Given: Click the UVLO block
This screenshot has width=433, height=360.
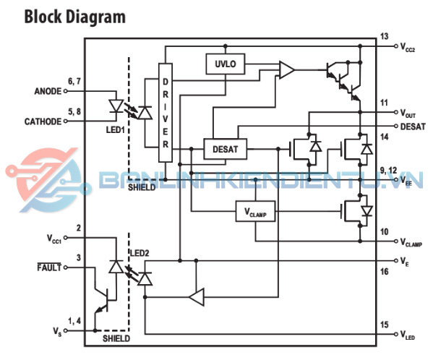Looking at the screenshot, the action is (225, 64).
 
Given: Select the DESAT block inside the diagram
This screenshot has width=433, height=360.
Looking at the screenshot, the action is (225, 149).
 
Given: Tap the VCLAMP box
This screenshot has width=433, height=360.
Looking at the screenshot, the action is (255, 212).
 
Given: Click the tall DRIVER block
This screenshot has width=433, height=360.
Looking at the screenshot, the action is (166, 113).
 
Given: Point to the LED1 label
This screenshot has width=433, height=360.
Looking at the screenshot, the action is (116, 129).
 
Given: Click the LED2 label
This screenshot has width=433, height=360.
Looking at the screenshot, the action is (140, 253).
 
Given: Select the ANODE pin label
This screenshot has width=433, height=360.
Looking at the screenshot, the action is (48, 91).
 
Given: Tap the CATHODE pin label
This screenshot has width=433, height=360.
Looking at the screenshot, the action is (43, 121).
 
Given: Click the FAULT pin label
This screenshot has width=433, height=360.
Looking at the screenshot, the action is (49, 267).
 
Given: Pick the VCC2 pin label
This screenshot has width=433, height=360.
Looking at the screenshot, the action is (408, 47).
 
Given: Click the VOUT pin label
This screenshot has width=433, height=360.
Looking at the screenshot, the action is (408, 113).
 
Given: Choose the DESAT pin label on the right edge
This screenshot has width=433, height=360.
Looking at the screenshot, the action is (413, 127).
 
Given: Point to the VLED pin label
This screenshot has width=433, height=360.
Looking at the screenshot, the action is (408, 335).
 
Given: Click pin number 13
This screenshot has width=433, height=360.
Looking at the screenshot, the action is (384, 36).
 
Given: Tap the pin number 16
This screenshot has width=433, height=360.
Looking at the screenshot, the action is (384, 271).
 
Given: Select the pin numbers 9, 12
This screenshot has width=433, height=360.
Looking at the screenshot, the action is (388, 171).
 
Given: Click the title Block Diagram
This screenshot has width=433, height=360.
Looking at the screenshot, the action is (75, 17).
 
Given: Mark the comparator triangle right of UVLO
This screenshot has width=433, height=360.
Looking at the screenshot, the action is (287, 70).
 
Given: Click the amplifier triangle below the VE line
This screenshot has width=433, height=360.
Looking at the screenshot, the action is (197, 297).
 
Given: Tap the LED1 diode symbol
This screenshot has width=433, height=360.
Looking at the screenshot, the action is (116, 106).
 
